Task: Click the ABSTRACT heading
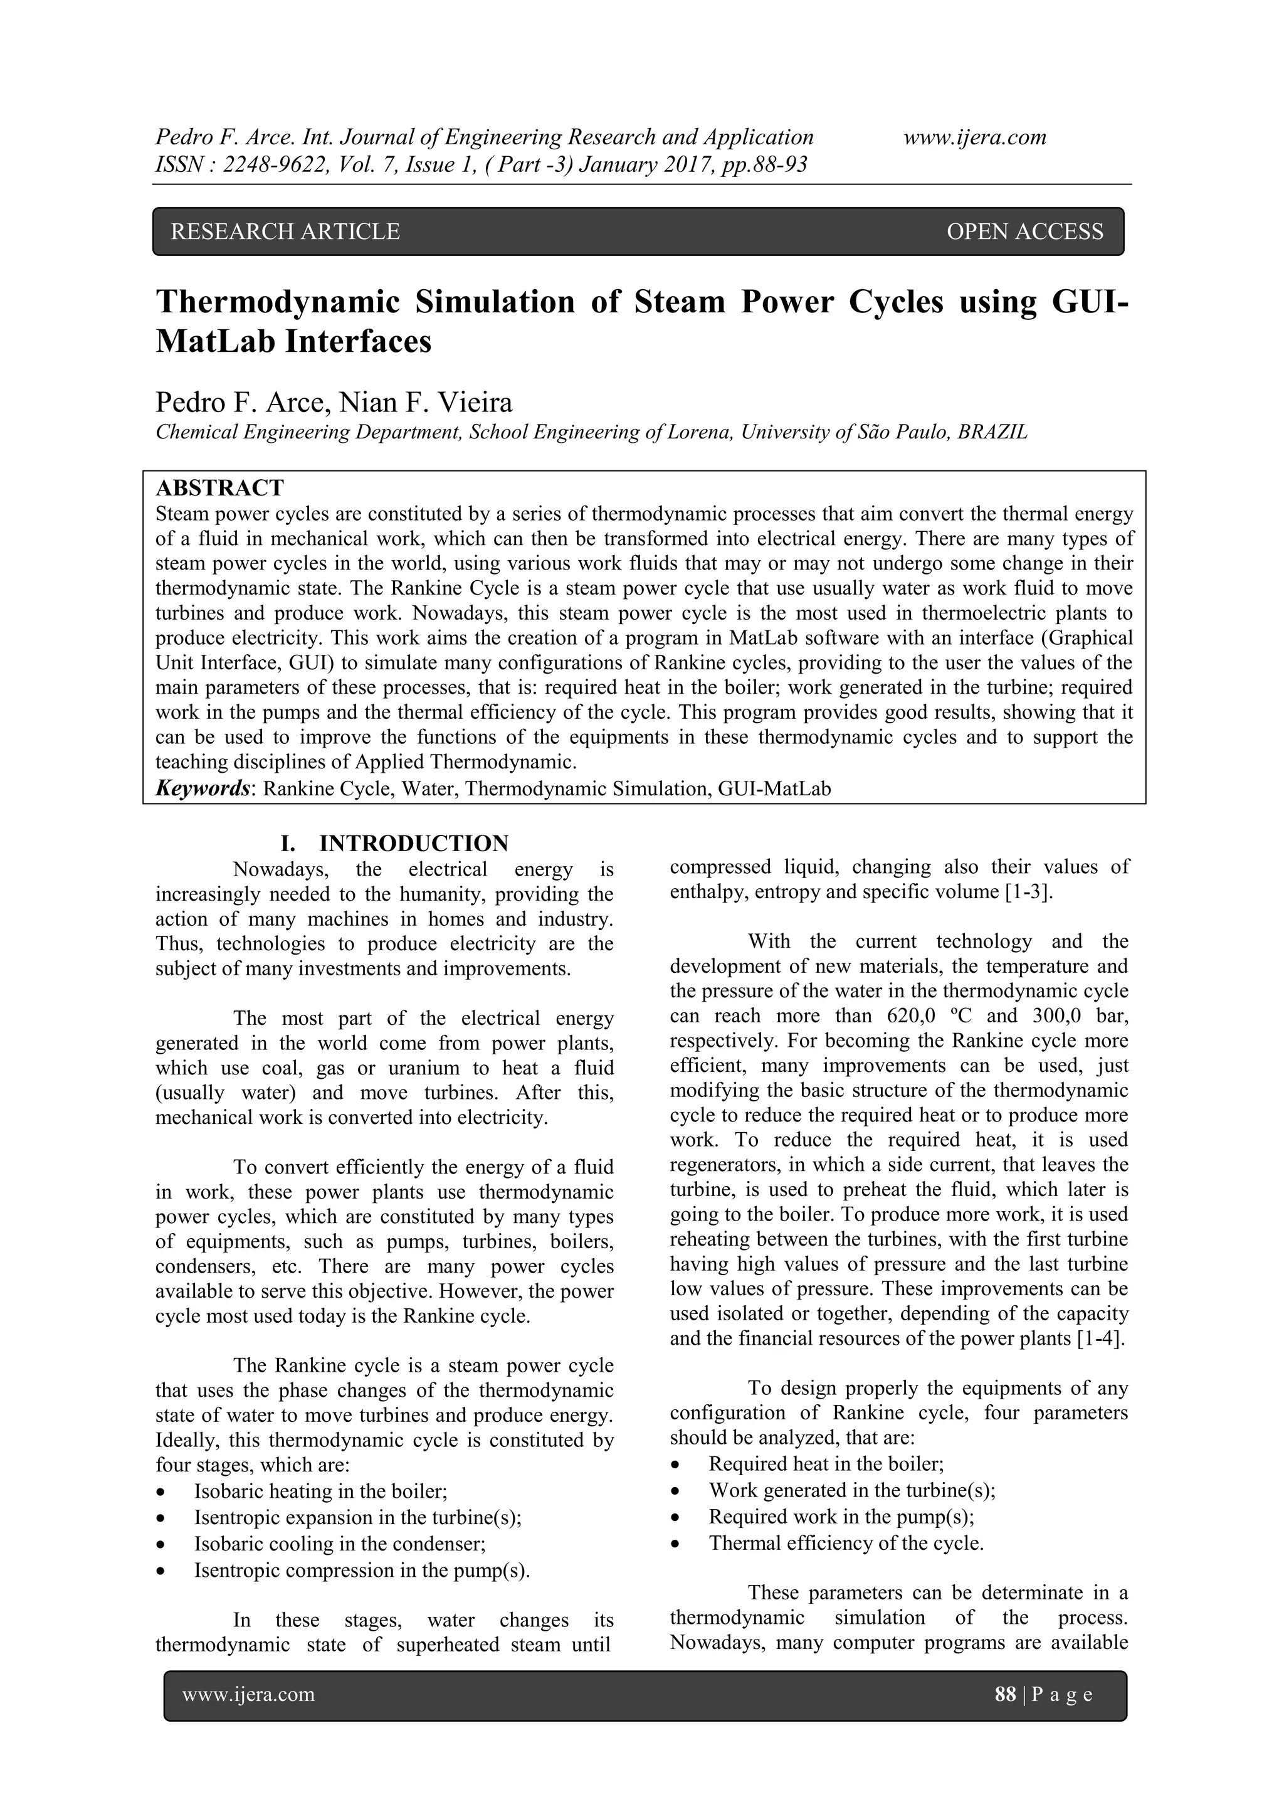219,487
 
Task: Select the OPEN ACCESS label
1024,232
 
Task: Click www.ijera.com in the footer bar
248,1693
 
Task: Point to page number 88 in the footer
1005,1693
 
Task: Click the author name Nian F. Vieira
426,403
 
